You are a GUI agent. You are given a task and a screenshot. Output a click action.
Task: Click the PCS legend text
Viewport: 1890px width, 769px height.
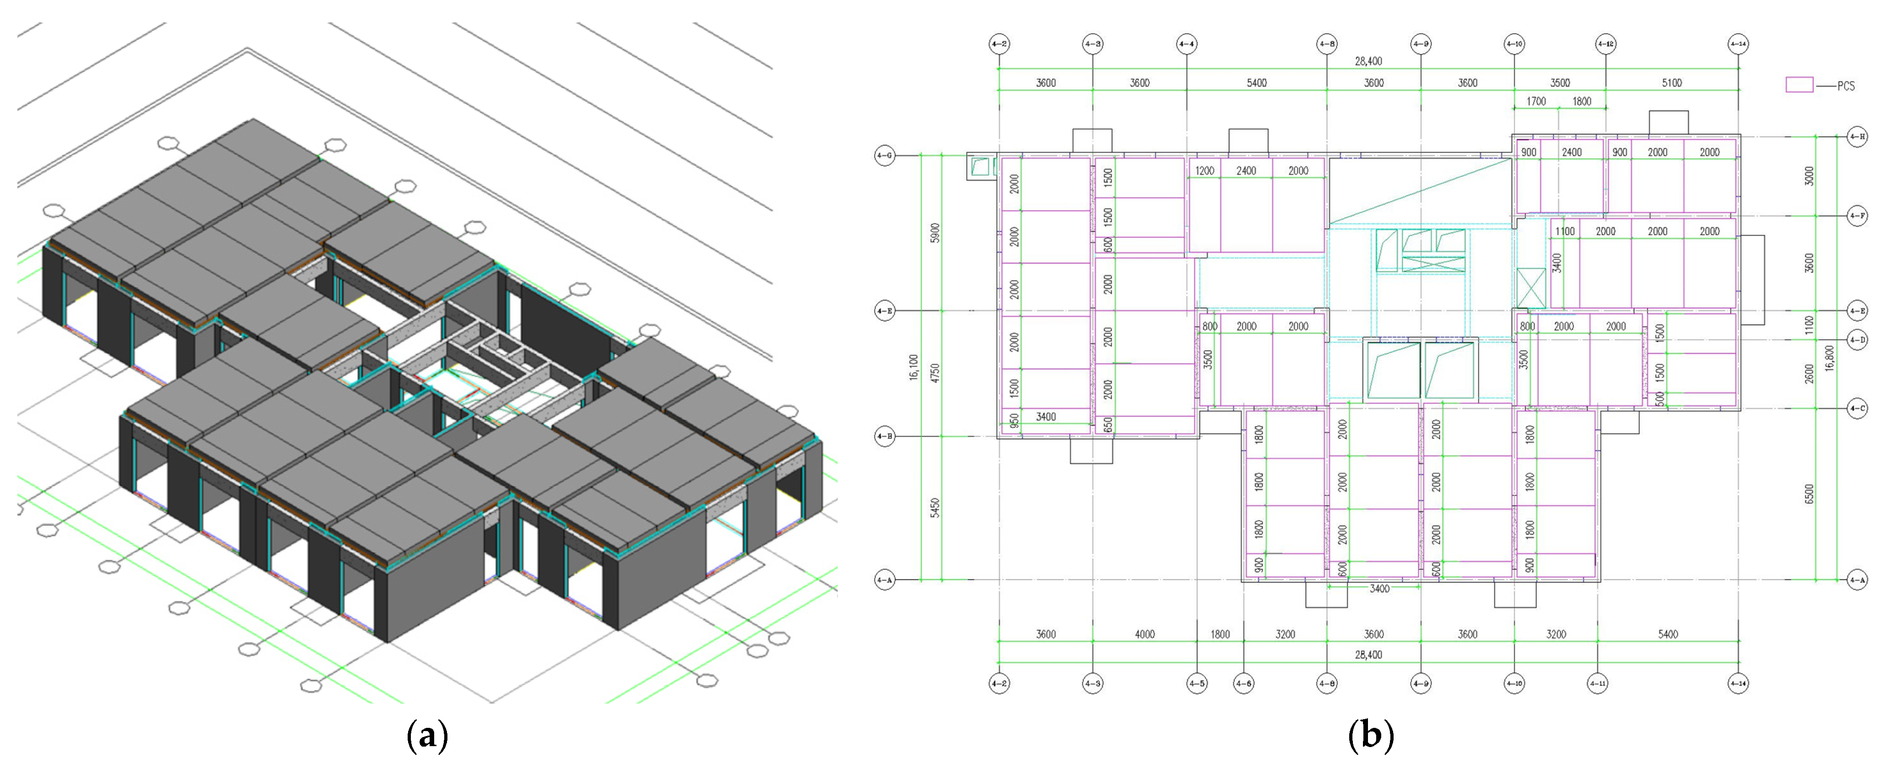click(x=1846, y=86)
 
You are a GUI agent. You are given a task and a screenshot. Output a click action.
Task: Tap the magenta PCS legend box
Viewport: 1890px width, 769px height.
click(x=1799, y=85)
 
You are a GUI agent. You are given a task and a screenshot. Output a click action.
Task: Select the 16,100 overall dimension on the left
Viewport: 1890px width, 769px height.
click(x=914, y=367)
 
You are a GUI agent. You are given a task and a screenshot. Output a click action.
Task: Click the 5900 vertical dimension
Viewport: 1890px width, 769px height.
click(x=935, y=233)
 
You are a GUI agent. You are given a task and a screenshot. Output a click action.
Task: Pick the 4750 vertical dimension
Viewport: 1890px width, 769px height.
click(x=935, y=373)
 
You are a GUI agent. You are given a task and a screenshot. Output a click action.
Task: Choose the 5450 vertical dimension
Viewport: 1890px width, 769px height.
click(x=935, y=508)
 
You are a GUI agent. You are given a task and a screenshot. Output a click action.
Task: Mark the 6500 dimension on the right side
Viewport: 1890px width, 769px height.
click(x=1809, y=493)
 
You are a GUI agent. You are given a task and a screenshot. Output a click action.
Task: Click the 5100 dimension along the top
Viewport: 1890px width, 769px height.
click(x=1671, y=83)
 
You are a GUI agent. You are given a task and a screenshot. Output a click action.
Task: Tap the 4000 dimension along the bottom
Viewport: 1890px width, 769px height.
click(x=1145, y=634)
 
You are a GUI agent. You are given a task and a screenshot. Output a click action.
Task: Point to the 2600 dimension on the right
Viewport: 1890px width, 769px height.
click(x=1809, y=373)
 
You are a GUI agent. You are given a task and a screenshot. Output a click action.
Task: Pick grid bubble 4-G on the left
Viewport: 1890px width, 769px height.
click(x=885, y=155)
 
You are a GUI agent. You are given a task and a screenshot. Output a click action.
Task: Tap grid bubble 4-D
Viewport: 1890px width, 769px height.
click(x=1857, y=339)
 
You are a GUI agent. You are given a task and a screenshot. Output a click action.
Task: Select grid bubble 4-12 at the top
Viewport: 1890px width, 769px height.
click(x=1606, y=44)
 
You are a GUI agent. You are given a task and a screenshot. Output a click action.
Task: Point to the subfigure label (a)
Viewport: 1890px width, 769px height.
click(x=426, y=735)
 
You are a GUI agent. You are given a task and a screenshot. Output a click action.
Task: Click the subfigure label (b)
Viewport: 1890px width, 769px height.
click(x=1371, y=735)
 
